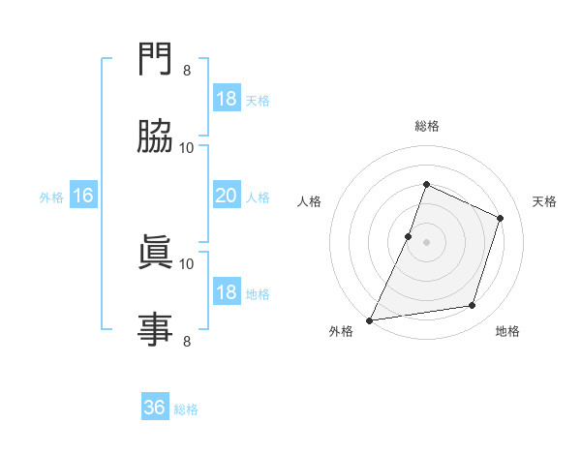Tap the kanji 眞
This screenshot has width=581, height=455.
155,253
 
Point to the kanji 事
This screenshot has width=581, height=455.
155,327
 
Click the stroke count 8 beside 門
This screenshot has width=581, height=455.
187,71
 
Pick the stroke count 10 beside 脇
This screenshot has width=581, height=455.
187,147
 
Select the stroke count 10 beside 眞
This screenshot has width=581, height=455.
187,263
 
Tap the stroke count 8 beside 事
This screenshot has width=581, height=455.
187,340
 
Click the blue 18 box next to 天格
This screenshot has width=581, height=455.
227,99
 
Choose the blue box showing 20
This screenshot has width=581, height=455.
227,196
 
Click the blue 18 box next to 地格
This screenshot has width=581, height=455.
227,292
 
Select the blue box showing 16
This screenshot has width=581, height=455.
83,196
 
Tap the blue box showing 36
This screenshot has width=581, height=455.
155,408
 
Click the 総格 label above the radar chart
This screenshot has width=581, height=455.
426,126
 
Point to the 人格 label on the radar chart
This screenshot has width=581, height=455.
309,201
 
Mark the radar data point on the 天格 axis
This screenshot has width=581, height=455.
501,218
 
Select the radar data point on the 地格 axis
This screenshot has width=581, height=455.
473,306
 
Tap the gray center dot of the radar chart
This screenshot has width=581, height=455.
426,242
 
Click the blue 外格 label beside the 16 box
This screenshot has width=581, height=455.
51,197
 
